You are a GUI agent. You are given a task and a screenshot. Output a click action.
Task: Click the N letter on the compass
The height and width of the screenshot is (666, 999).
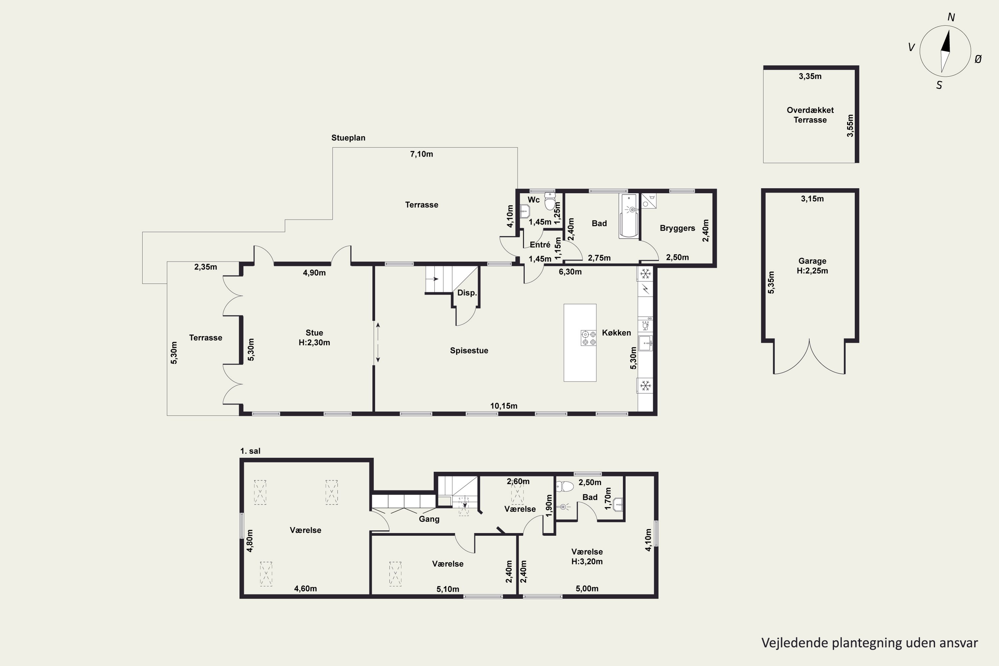tap(951, 17)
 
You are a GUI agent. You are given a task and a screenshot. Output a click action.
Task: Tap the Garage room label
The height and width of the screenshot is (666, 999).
tap(812, 261)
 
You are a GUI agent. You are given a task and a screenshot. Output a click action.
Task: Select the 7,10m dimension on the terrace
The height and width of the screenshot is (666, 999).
tap(421, 154)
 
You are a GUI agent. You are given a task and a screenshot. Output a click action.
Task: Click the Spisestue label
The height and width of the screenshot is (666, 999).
tap(469, 350)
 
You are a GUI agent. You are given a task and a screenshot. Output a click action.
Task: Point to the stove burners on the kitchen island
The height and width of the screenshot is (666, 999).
tap(589, 338)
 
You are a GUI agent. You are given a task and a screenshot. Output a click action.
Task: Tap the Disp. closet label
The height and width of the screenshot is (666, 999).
tap(467, 293)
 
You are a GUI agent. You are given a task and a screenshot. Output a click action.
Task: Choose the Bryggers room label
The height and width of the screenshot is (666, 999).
tap(677, 228)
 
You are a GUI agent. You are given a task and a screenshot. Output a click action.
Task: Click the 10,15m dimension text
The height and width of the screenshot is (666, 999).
tap(504, 406)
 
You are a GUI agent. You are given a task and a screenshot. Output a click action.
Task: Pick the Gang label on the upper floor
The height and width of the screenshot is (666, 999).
tap(429, 519)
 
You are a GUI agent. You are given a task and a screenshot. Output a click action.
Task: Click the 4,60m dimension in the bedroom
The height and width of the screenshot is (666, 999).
tap(305, 588)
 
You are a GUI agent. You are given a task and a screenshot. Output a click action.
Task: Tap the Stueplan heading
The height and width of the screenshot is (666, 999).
tap(348, 138)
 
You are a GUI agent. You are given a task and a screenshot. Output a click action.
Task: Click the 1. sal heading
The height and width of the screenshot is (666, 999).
tap(250, 451)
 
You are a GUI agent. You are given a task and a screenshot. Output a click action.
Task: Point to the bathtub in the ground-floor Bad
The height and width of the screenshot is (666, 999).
tap(629, 216)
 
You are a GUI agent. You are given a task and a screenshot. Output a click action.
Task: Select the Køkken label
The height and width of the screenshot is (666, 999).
tap(616, 333)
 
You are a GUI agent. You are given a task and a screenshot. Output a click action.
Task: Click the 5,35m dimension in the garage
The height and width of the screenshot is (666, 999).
tap(771, 282)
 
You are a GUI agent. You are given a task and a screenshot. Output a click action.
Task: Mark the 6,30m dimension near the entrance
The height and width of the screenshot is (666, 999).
tap(570, 272)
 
